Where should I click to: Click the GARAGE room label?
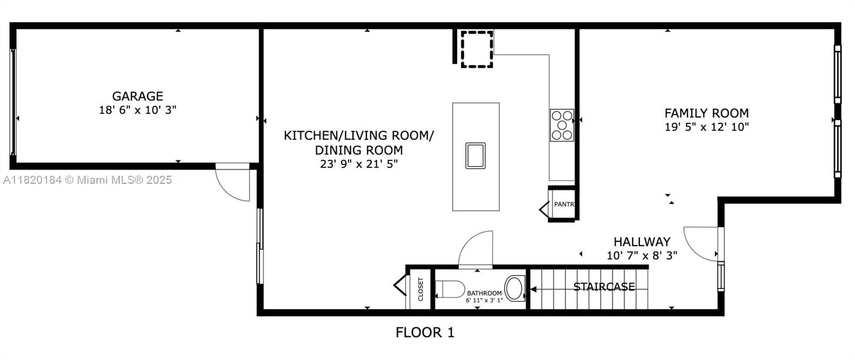click(x=137, y=96)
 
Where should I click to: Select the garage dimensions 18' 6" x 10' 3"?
click(x=137, y=110)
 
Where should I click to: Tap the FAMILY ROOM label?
click(x=706, y=113)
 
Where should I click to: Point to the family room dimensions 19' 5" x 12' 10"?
click(x=706, y=127)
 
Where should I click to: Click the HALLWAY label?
click(x=641, y=242)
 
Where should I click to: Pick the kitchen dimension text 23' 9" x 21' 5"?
click(x=359, y=164)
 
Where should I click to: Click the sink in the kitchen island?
click(x=475, y=155)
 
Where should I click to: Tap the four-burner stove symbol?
click(x=562, y=125)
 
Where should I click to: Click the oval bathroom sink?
click(x=515, y=288)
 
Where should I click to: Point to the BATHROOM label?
click(x=484, y=293)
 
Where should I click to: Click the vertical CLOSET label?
click(x=421, y=289)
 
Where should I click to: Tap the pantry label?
click(x=564, y=205)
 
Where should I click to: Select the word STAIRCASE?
click(x=604, y=287)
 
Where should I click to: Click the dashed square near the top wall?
click(x=477, y=49)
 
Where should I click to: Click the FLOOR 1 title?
click(x=425, y=332)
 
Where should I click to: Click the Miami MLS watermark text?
click(x=87, y=180)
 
